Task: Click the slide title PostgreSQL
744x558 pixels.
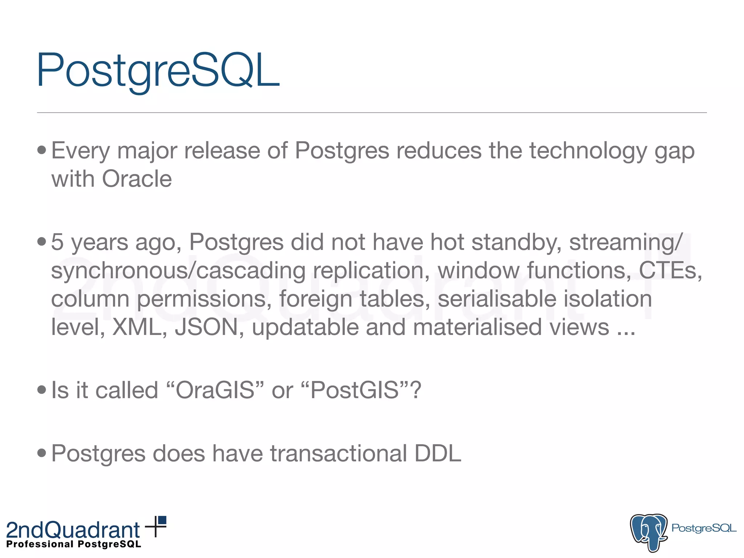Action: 158,71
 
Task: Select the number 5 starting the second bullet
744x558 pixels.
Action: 57,242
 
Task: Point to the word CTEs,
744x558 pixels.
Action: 670,271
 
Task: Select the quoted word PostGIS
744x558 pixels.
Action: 355,390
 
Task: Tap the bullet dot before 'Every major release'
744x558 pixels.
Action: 42,150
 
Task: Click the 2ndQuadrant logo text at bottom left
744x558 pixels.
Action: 73,530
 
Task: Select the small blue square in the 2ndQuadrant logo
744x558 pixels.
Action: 162,520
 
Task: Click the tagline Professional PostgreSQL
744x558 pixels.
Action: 74,544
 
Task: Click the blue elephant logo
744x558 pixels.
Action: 648,532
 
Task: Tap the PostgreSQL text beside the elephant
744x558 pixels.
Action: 704,528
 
